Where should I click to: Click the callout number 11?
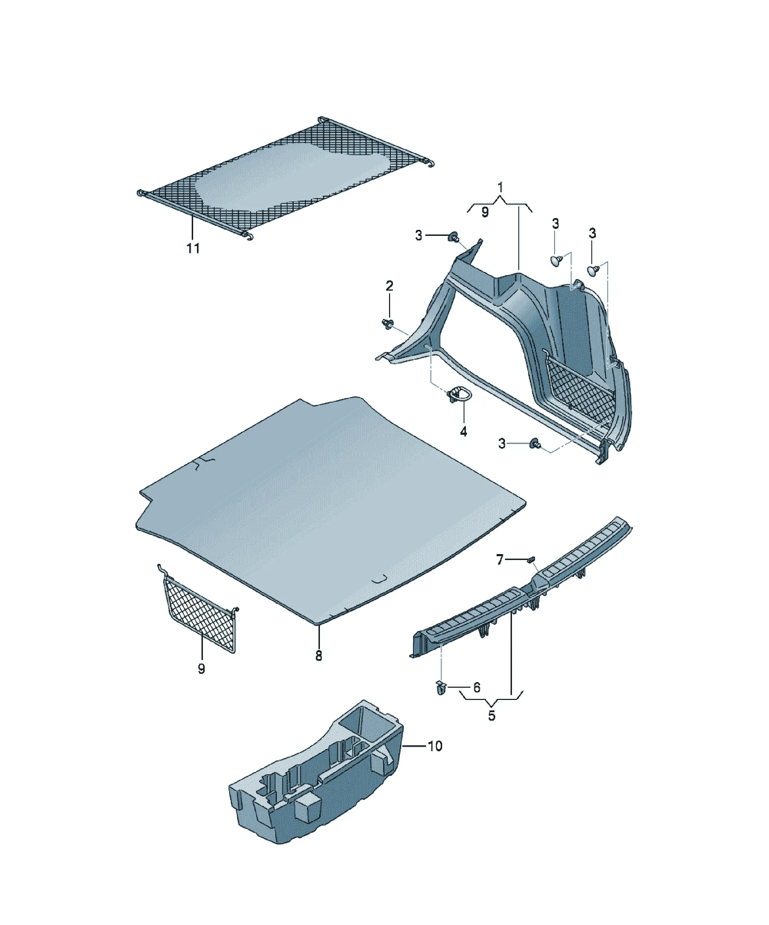pyautogui.click(x=193, y=248)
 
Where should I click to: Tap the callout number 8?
pyautogui.click(x=319, y=668)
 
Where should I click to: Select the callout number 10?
pyautogui.click(x=435, y=746)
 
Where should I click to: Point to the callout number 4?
pyautogui.click(x=463, y=432)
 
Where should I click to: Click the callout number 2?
pyautogui.click(x=389, y=286)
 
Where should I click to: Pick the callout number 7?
pyautogui.click(x=500, y=559)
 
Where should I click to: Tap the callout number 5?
pyautogui.click(x=492, y=715)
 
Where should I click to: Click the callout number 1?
pyautogui.click(x=500, y=188)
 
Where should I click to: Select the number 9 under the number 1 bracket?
pyautogui.click(x=485, y=212)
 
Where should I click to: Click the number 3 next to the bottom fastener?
pyautogui.click(x=502, y=443)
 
